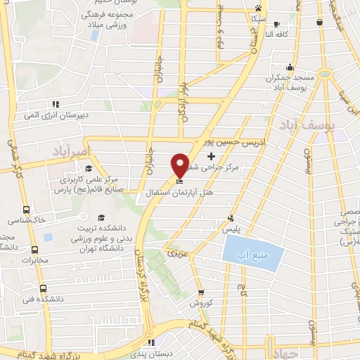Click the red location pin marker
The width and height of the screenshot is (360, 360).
[181, 165]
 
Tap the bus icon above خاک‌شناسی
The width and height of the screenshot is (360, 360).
[27, 210]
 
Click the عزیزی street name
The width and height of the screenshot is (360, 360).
[174, 251]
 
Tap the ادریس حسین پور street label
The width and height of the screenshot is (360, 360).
[235, 142]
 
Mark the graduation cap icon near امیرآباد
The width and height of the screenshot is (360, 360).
[89, 168]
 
